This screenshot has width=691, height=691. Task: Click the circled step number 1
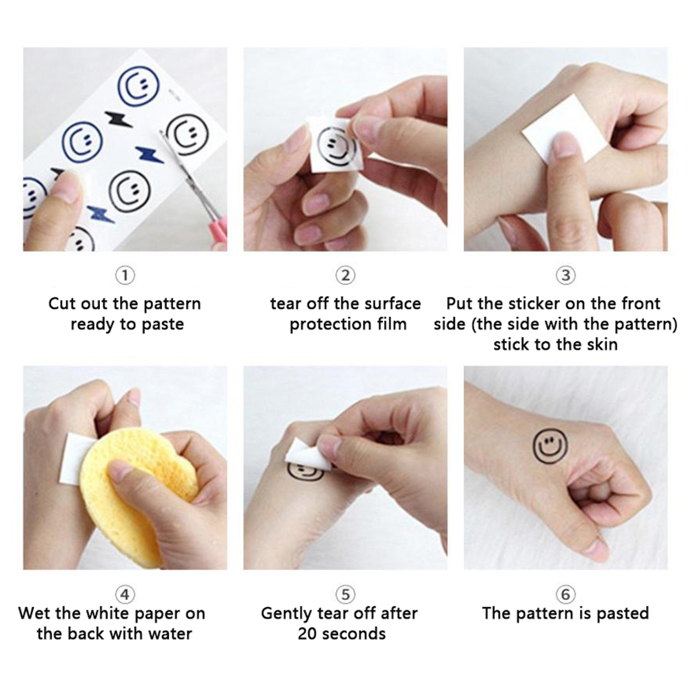click(125, 276)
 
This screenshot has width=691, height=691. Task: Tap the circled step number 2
click(345, 276)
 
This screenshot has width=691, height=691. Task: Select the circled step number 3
click(566, 276)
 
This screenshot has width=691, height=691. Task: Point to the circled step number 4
click(125, 594)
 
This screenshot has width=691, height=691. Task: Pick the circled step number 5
click(345, 594)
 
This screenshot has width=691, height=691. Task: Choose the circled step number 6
click(566, 594)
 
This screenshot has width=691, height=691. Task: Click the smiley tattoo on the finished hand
click(550, 446)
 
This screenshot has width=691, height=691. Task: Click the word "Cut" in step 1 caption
click(61, 303)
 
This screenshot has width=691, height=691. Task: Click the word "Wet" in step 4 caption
click(34, 614)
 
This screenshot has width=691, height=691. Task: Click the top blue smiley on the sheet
click(139, 87)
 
